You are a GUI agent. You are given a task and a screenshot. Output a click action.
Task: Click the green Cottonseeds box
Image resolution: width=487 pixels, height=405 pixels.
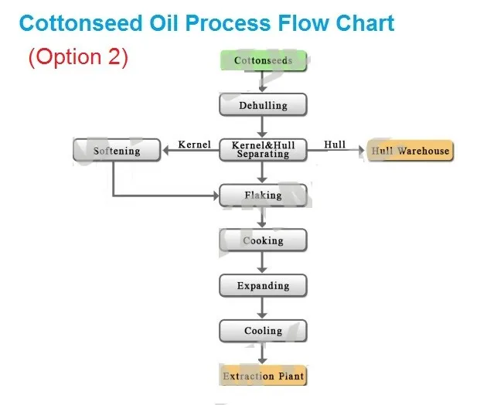[x=264, y=60]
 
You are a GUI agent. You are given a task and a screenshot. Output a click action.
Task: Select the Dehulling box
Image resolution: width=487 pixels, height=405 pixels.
[x=263, y=105]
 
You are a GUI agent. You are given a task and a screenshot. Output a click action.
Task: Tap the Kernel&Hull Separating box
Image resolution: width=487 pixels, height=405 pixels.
[x=263, y=150]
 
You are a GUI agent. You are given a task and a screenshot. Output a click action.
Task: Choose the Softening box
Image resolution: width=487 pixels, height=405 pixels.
[x=117, y=150]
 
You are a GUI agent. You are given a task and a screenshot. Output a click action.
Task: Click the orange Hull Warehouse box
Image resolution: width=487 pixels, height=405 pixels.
[x=410, y=151]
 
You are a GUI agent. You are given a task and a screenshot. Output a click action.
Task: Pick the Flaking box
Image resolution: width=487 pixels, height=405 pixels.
[x=263, y=196]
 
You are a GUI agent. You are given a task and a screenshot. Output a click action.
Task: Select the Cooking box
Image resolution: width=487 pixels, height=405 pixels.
[x=263, y=240]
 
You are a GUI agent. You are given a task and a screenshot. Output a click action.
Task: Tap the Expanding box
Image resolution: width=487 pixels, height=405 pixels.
[x=263, y=286]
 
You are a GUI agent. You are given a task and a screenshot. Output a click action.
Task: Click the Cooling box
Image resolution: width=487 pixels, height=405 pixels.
[x=263, y=331]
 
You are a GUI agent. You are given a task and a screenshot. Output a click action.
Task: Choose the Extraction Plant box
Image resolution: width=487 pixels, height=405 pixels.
[x=263, y=376]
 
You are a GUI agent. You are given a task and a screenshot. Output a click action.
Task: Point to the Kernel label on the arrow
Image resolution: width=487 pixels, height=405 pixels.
[x=195, y=145]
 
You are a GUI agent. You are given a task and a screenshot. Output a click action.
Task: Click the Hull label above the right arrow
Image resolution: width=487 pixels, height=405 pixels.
[x=335, y=145]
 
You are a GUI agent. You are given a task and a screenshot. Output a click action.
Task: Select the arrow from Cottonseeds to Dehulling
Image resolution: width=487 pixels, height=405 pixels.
[x=263, y=81]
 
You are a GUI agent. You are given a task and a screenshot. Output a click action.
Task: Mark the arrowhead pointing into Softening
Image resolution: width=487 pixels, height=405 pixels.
[x=165, y=151]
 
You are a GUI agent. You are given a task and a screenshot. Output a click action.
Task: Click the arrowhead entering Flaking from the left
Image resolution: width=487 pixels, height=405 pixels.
[x=216, y=196]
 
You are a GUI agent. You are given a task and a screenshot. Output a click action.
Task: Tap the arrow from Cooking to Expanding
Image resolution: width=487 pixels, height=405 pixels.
[x=263, y=263]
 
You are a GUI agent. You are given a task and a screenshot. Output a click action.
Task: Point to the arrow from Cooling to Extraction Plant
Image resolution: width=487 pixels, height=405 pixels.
[x=263, y=353]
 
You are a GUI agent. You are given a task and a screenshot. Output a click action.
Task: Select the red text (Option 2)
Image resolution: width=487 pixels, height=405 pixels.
[x=78, y=57]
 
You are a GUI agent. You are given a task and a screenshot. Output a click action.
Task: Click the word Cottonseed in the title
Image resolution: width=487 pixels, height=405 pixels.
[x=80, y=23]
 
